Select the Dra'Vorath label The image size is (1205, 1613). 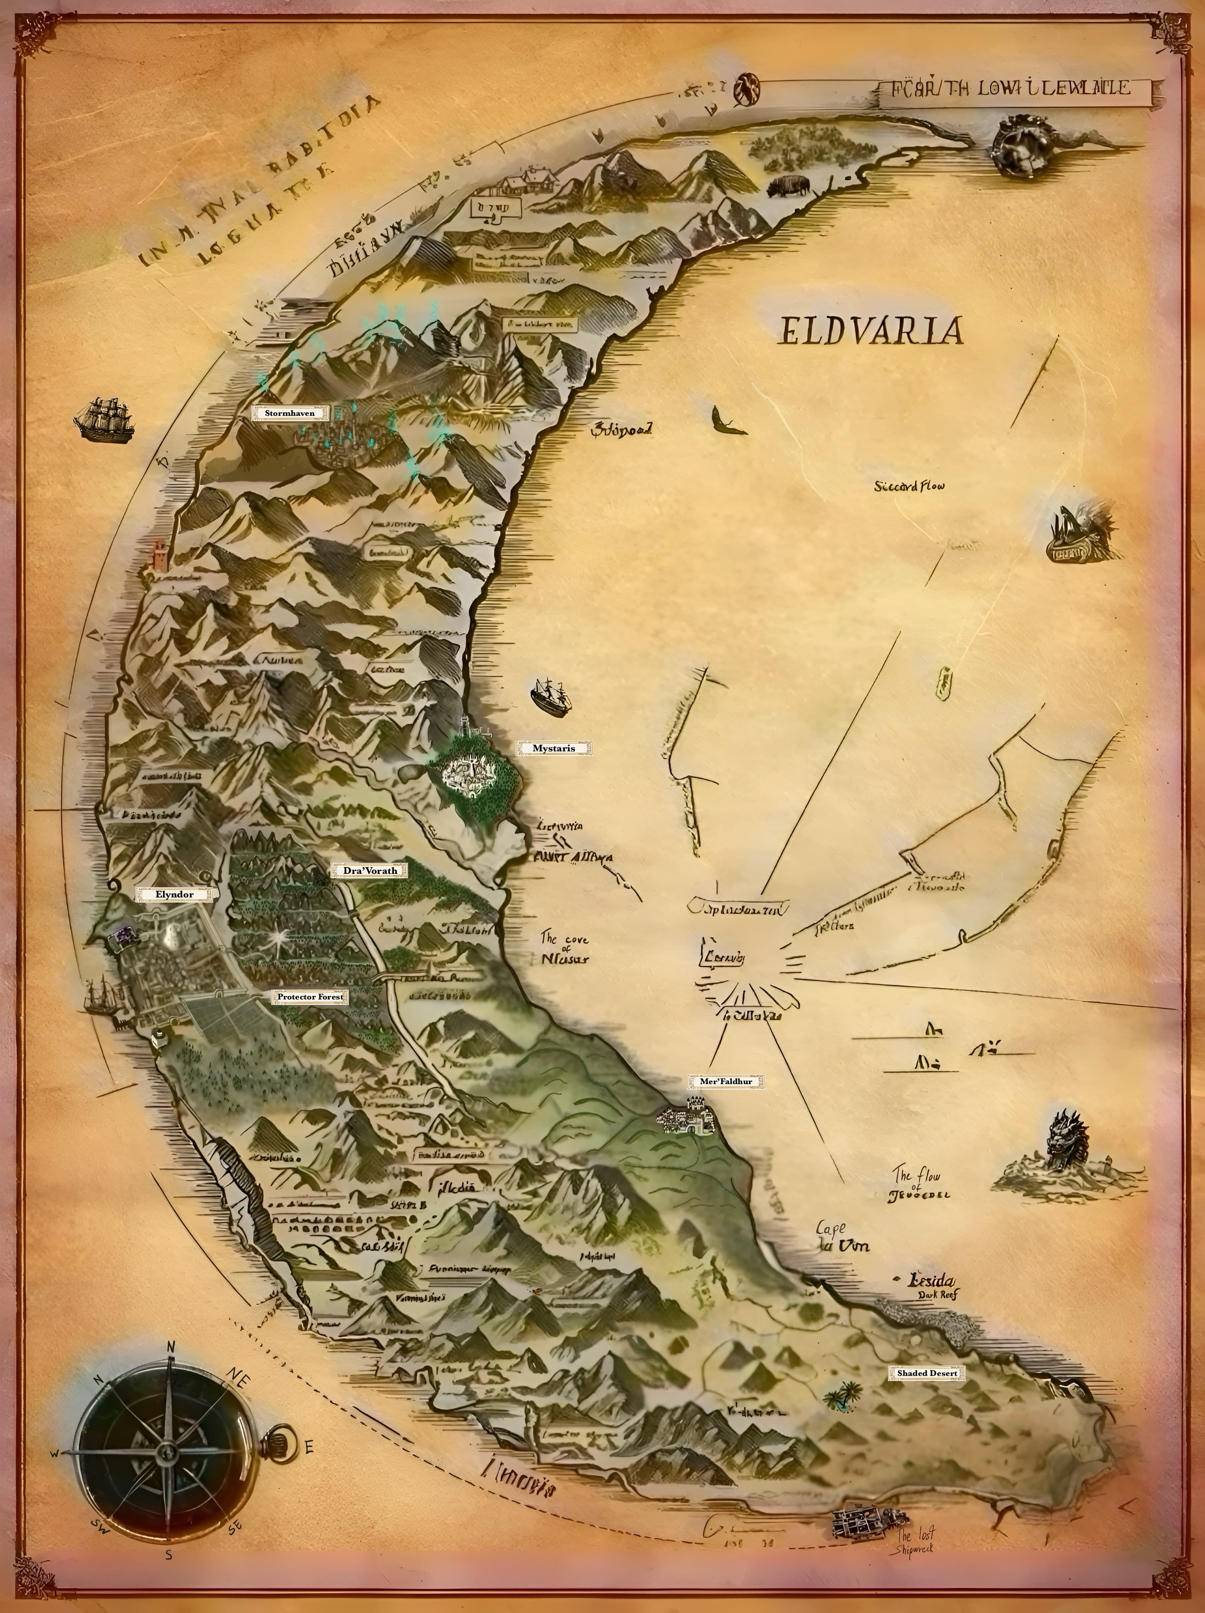[x=370, y=871]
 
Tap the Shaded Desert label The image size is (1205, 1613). [x=927, y=1373]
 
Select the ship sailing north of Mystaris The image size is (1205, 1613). [x=551, y=696]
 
